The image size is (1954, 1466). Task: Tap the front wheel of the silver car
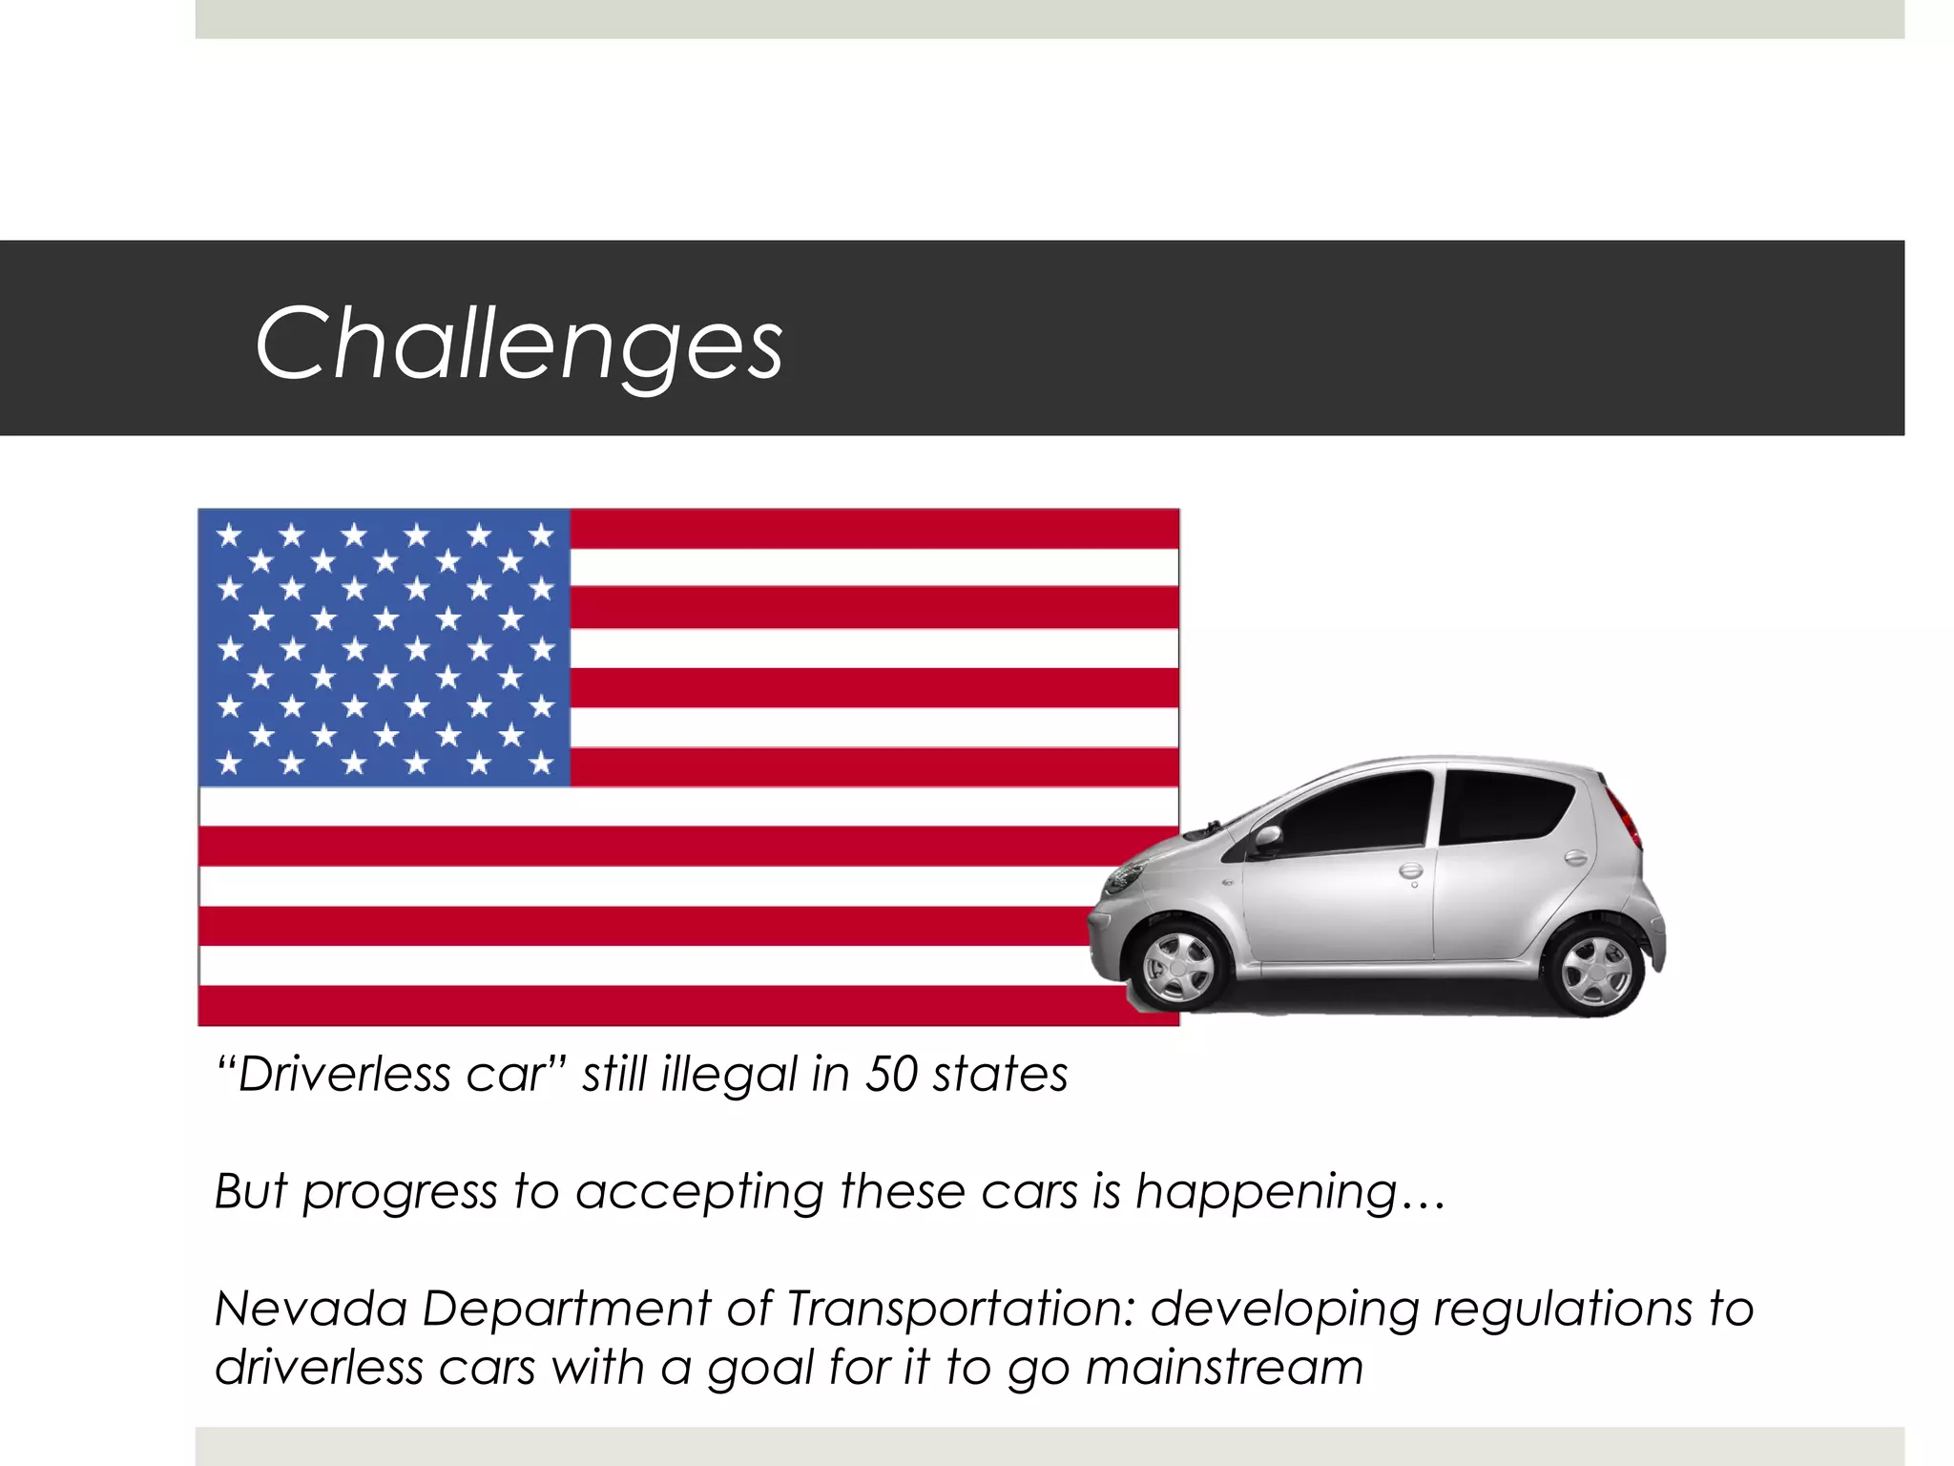click(1178, 966)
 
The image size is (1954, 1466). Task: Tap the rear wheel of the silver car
click(1595, 970)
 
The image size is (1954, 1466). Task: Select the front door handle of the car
click(1409, 869)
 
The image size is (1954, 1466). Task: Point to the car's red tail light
click(1625, 816)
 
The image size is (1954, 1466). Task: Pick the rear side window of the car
click(1503, 806)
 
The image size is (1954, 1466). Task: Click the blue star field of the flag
click(384, 648)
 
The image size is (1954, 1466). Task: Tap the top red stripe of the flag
click(873, 529)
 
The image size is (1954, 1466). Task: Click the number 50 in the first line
click(891, 1075)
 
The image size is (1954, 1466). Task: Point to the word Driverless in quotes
click(343, 1075)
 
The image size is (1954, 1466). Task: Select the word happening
click(1267, 1193)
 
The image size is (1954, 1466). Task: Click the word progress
click(400, 1193)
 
